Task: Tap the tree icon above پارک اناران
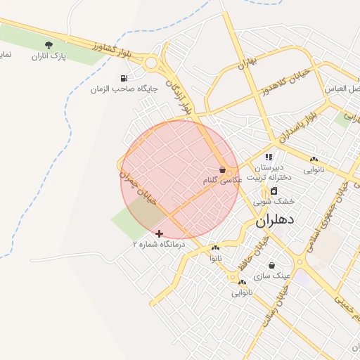tap(49, 46)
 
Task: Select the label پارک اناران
tap(49, 56)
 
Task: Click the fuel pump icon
tap(124, 78)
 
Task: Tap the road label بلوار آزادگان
tap(178, 97)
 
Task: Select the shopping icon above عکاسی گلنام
tap(222, 169)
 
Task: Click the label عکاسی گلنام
tap(222, 181)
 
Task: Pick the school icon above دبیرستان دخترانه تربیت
tap(269, 157)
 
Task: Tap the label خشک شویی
tap(274, 201)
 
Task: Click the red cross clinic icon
tap(160, 233)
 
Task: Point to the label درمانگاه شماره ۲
tap(159, 244)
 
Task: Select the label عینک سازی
tap(271, 275)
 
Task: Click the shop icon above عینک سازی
tap(271, 265)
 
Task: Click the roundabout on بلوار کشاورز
tap(151, 63)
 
